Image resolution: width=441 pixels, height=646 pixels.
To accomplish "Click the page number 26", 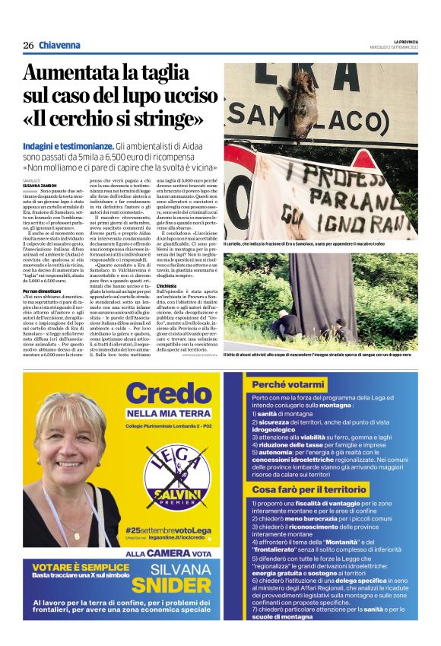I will pos(28,45).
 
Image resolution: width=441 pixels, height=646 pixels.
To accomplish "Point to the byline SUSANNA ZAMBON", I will pos(40,185).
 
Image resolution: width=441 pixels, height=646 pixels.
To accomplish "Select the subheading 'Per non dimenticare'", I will pos(43,291).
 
